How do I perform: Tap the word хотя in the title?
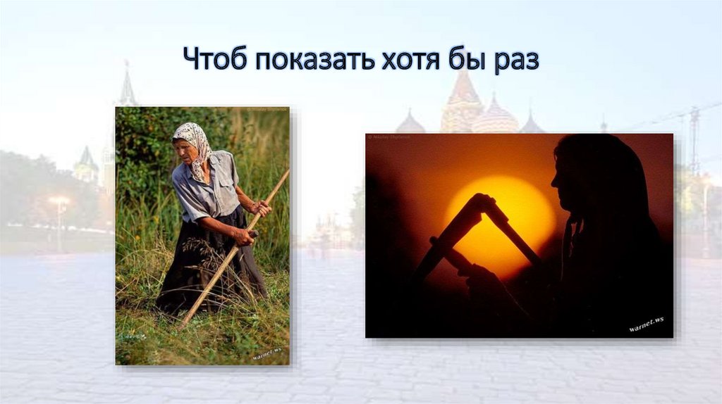tap(405, 60)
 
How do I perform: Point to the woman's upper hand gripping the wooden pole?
tap(262, 208)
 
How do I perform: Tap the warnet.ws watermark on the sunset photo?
tap(646, 325)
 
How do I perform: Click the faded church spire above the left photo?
tap(128, 86)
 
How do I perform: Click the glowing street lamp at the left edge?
tap(58, 202)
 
